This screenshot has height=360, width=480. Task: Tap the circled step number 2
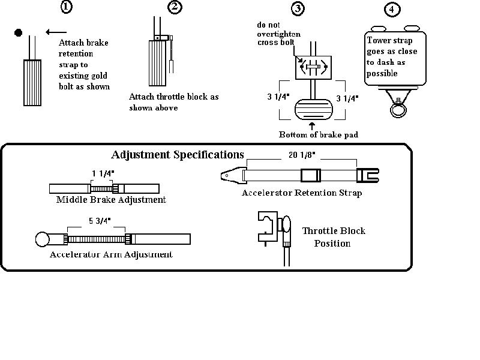tap(175, 7)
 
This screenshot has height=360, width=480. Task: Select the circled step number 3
tap(298, 8)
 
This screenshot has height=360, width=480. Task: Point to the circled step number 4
tap(391, 9)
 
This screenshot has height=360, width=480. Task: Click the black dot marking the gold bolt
tap(19, 32)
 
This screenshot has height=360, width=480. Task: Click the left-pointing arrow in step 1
tap(56, 32)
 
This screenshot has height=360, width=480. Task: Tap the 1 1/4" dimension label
tap(103, 173)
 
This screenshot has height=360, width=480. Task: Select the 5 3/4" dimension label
tap(96, 221)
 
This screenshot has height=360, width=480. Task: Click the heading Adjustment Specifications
tap(178, 155)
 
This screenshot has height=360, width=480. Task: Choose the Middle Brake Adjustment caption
tap(111, 200)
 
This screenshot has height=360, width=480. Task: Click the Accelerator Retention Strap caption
tap(302, 193)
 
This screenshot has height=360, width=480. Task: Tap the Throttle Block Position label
tap(333, 237)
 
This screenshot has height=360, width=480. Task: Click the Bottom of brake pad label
tap(319, 134)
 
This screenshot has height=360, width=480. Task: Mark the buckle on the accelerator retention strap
tap(309, 176)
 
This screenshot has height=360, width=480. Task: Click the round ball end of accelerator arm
tap(43, 239)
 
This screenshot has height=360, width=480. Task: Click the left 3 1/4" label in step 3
tap(278, 97)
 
